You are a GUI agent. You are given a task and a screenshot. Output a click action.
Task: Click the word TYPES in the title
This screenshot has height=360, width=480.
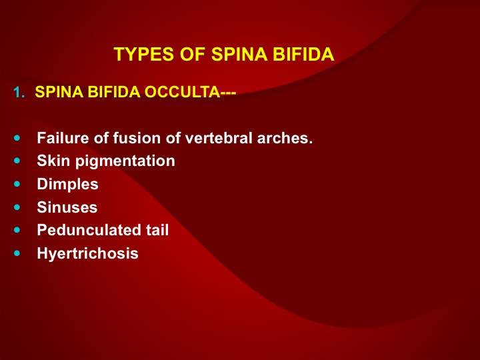click(x=143, y=54)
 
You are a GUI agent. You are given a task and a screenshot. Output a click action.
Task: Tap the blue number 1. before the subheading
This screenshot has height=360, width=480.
click(x=19, y=92)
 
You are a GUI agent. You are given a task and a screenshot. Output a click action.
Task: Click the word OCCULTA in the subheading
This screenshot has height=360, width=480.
click(x=182, y=92)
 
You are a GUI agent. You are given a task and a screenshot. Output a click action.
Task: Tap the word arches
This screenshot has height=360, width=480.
click(x=285, y=139)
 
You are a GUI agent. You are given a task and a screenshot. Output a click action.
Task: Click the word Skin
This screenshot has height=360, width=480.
click(x=53, y=161)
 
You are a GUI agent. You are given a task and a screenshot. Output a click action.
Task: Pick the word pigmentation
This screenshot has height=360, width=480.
click(x=125, y=161)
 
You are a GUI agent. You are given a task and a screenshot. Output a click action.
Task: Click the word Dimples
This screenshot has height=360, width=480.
click(x=67, y=185)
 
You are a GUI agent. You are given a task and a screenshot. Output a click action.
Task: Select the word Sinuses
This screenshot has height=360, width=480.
click(x=67, y=207)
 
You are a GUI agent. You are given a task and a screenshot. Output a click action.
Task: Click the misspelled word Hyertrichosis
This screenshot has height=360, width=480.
click(x=87, y=254)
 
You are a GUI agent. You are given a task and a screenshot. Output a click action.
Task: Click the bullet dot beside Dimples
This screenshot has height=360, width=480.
click(x=17, y=184)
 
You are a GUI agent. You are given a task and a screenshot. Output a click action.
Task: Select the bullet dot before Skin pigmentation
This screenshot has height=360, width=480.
click(x=17, y=161)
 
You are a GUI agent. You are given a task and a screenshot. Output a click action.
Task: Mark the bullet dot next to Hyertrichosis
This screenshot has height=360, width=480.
click(x=17, y=253)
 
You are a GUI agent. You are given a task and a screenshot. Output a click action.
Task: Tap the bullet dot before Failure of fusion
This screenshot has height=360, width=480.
click(x=17, y=138)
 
